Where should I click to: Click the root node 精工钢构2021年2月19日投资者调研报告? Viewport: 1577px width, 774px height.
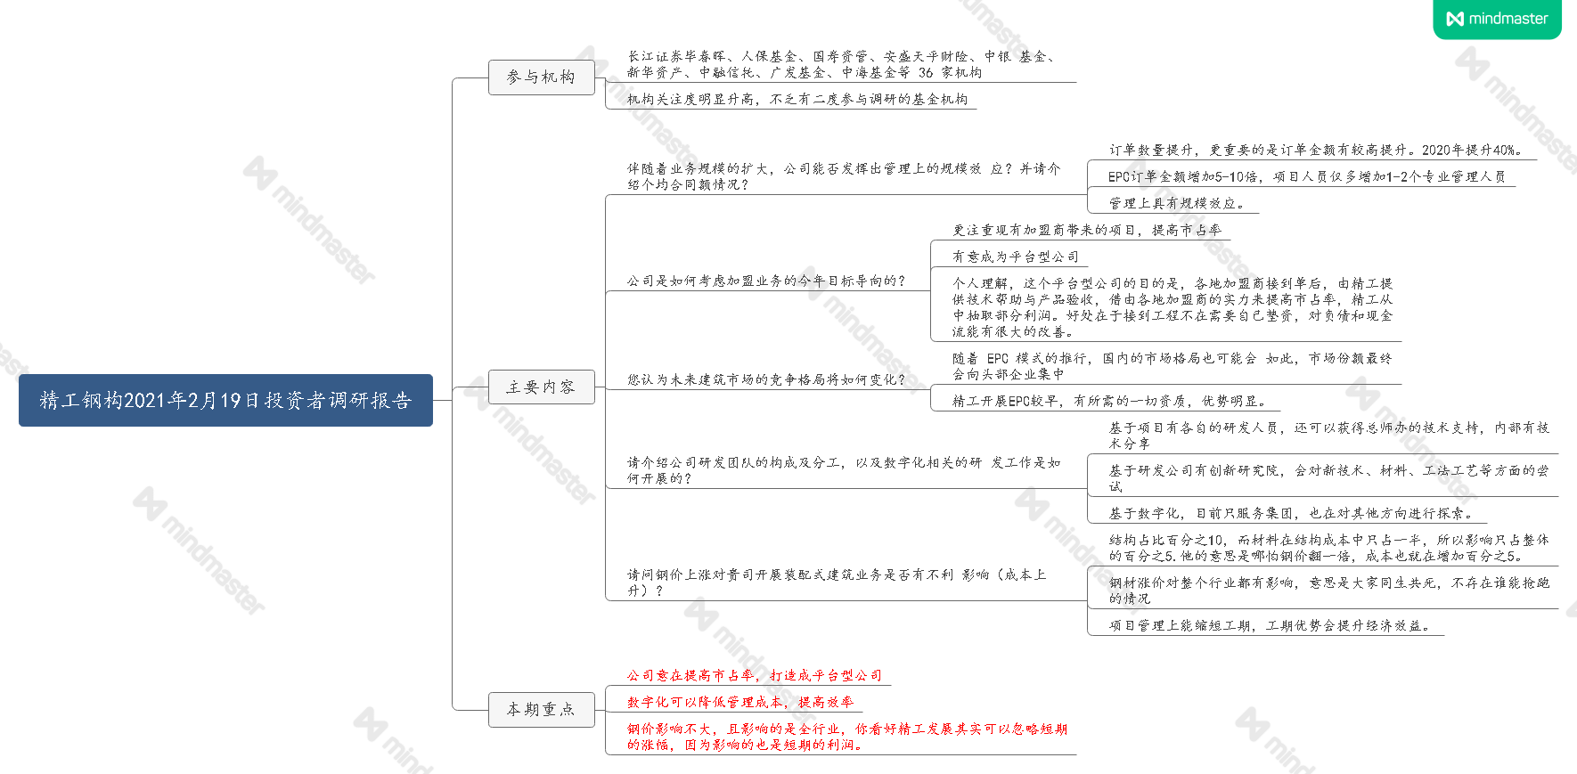pyautogui.click(x=225, y=401)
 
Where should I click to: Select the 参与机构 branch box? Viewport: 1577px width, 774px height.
pyautogui.click(x=541, y=77)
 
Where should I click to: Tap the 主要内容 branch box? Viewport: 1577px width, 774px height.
pyautogui.click(x=541, y=387)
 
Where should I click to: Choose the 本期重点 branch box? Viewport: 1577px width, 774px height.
pyautogui.click(x=541, y=710)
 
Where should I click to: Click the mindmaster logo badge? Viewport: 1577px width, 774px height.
pyautogui.click(x=1497, y=19)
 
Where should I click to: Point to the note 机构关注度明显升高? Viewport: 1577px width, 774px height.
pyautogui.click(x=797, y=100)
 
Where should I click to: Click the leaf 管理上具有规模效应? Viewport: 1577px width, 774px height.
pyautogui.click(x=1176, y=203)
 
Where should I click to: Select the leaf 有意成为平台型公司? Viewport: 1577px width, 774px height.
pyautogui.click(x=1015, y=257)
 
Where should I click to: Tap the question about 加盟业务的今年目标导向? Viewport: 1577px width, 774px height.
pyautogui.click(x=765, y=281)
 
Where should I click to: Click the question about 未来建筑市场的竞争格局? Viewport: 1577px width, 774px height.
pyautogui.click(x=765, y=379)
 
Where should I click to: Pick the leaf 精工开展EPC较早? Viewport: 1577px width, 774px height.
pyautogui.click(x=1108, y=401)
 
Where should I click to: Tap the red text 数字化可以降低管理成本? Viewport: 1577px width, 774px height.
pyautogui.click(x=739, y=702)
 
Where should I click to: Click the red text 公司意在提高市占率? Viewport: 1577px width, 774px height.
pyautogui.click(x=754, y=675)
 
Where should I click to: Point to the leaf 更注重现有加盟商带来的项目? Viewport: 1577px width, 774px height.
pyautogui.click(x=1086, y=230)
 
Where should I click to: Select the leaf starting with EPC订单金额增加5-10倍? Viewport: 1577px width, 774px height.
pyautogui.click(x=1306, y=176)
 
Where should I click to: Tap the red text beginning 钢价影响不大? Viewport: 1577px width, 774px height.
pyautogui.click(x=846, y=737)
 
